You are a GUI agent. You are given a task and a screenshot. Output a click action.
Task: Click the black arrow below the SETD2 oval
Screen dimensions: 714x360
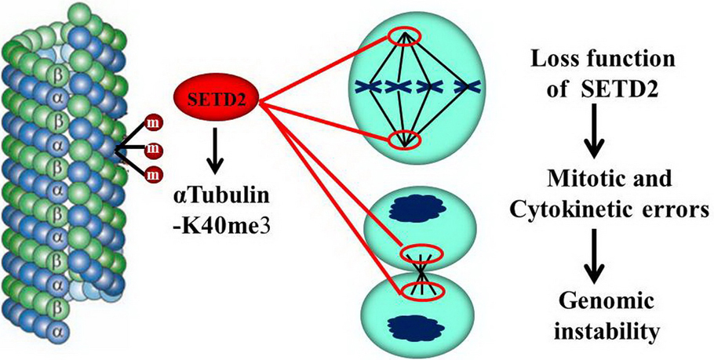click(x=217, y=150)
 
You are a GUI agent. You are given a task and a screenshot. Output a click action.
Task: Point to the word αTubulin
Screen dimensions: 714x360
click(x=216, y=200)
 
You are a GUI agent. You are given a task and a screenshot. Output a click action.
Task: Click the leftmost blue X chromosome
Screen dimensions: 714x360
click(x=369, y=86)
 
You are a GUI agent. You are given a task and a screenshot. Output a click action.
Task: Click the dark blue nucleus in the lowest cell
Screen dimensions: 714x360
click(x=416, y=325)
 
